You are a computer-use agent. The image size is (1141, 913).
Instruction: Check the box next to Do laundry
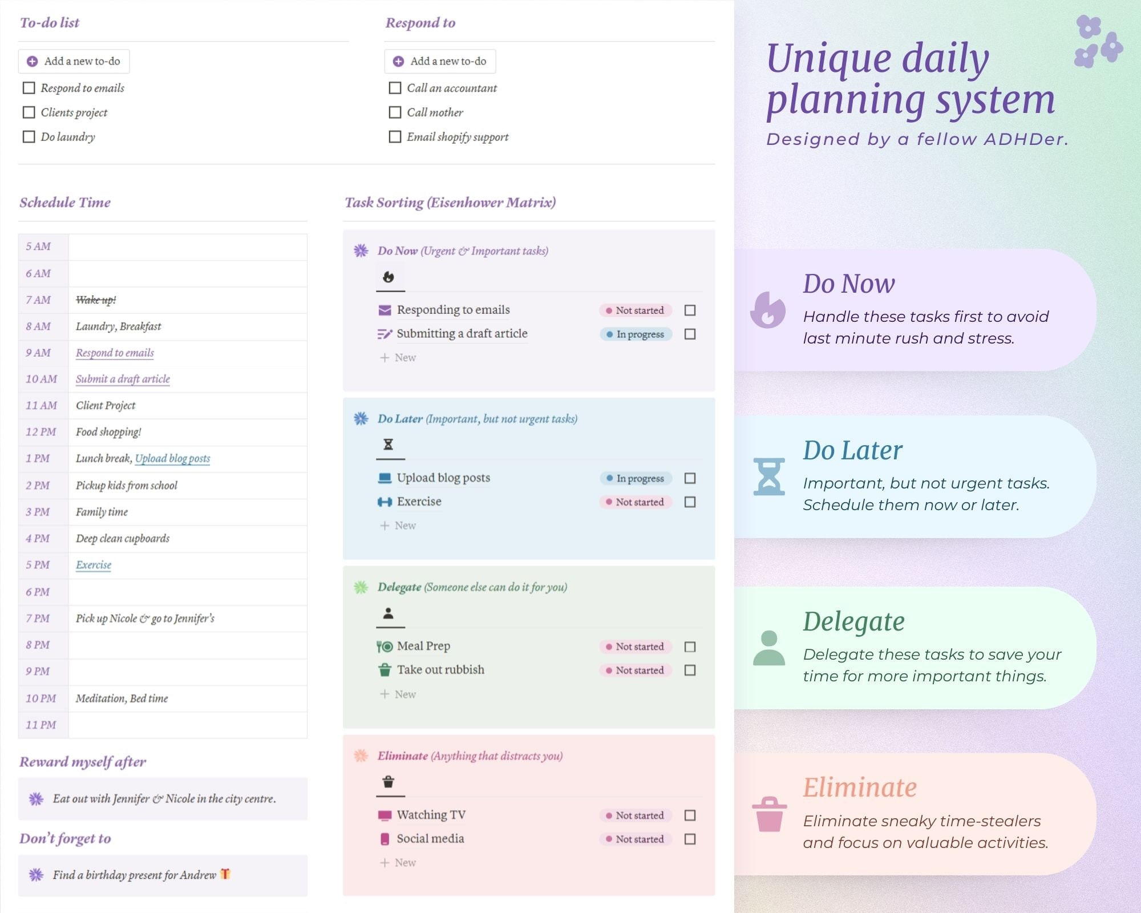coord(29,137)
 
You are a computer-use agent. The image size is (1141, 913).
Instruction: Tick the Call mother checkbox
coord(395,112)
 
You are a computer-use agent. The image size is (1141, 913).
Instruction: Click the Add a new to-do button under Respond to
coord(440,61)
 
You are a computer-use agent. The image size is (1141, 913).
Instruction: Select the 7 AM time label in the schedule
coord(38,300)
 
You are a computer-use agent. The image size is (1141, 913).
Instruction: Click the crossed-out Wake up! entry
coord(96,300)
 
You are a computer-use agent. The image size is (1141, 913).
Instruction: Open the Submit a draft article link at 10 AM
coord(123,379)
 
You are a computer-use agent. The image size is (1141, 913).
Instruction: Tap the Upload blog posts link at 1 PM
coord(172,459)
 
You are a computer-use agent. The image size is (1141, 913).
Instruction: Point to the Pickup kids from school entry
coord(127,486)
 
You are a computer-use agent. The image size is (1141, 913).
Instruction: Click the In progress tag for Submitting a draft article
coord(636,334)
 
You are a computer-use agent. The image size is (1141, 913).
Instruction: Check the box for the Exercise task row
coord(690,502)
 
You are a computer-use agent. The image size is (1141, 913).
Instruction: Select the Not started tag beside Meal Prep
coord(636,647)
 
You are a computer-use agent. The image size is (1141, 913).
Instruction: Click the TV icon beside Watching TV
coord(385,815)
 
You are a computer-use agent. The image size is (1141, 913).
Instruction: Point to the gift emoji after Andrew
coord(225,874)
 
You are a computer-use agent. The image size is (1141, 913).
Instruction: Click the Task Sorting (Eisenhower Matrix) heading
coord(450,203)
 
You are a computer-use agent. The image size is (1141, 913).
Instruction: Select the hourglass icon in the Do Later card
coord(769,476)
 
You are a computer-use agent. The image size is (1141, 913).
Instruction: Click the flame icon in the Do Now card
coord(768,310)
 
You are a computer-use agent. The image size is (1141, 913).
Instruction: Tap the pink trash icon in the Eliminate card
coord(769,814)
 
